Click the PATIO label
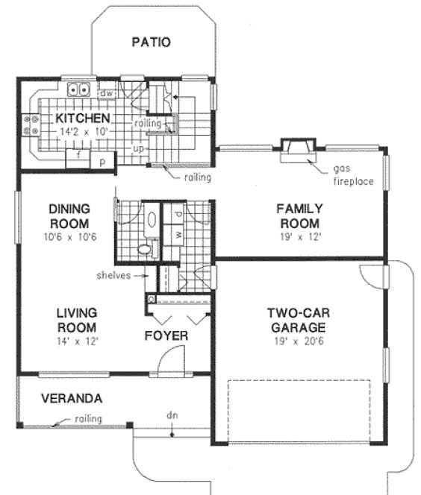click(x=151, y=42)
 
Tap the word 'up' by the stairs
click(x=138, y=149)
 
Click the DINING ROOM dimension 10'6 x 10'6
click(x=69, y=237)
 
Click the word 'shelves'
click(x=113, y=275)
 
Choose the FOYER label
click(x=166, y=336)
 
